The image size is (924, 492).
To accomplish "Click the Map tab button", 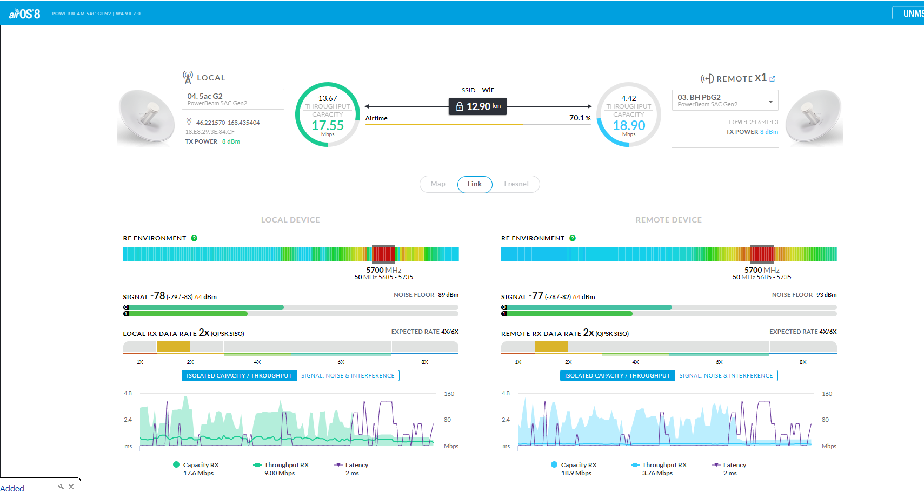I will pos(438,184).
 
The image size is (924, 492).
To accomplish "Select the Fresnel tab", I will pos(516,184).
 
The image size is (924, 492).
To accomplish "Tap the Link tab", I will pos(475,184).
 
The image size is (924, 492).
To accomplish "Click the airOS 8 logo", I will pos(24,14).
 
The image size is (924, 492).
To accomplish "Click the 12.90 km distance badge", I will pos(478,106).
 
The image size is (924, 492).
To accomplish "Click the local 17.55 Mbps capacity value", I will pos(328,126).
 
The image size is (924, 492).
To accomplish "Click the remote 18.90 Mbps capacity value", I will pos(629,126).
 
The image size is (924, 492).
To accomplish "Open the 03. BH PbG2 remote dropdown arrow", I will pos(770,102).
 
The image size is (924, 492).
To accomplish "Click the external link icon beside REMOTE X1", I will pos(773,79).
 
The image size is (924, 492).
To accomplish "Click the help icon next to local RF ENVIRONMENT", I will pos(194,238).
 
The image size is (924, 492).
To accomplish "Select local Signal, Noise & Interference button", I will pos(348,376).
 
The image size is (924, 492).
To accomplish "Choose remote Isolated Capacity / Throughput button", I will pos(617,376).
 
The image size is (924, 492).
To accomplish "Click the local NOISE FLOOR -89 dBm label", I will pos(426,295).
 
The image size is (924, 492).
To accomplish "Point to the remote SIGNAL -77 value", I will pos(536,296).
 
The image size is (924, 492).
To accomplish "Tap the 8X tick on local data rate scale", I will pos(425,362).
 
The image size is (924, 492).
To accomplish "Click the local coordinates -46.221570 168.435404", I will pos(227,123).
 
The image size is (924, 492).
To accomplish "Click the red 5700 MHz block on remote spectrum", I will pos(762,254).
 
